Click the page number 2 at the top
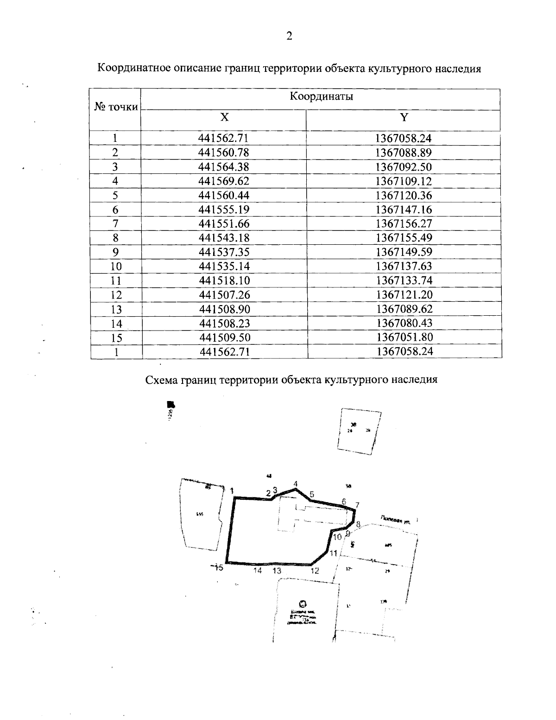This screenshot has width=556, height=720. click(x=289, y=36)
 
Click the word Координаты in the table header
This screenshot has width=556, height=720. click(x=321, y=96)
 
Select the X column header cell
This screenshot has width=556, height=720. click(x=224, y=117)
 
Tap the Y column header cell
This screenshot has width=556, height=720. click(x=404, y=117)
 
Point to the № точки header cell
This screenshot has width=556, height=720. click(x=116, y=107)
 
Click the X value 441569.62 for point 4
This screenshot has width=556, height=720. click(x=224, y=181)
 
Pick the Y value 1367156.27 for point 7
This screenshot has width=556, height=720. click(x=404, y=223)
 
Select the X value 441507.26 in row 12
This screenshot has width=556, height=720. click(x=224, y=295)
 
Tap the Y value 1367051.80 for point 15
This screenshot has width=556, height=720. click(x=404, y=338)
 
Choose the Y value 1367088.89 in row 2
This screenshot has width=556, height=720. click(x=404, y=153)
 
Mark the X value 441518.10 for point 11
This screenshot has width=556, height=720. click(x=224, y=280)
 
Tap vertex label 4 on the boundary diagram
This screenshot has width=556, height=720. click(x=295, y=484)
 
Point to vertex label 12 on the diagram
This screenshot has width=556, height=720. click(x=315, y=571)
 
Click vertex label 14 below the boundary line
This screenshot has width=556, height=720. click(x=258, y=571)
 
